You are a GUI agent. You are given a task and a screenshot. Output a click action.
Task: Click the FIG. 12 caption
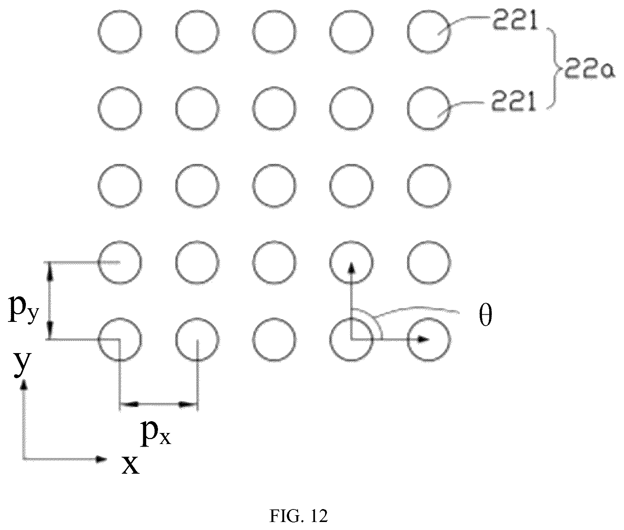[x=298, y=516]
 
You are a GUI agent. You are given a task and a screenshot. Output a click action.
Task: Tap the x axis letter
[x=130, y=465]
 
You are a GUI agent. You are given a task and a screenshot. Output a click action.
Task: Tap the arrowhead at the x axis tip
[x=101, y=459]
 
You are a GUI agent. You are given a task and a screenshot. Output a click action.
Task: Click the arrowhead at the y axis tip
[x=24, y=386]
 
